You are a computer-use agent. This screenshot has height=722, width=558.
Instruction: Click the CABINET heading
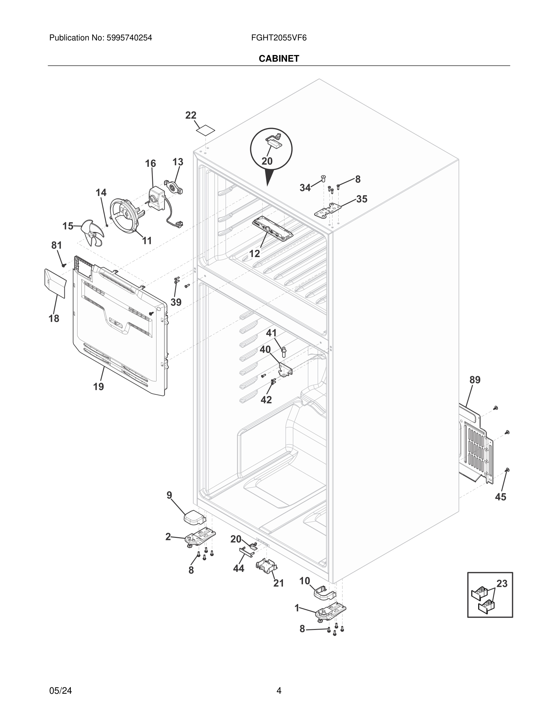[279, 59]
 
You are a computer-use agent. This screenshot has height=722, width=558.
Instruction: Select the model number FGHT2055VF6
[279, 38]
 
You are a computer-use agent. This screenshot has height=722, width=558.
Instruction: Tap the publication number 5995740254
[129, 38]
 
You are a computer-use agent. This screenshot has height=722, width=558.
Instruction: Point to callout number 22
[191, 115]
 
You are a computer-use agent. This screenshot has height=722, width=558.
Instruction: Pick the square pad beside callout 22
[205, 130]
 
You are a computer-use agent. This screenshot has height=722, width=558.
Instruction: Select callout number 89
[475, 380]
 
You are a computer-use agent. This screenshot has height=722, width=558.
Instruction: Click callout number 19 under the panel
[98, 386]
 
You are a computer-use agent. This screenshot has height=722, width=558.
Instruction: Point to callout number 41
[271, 333]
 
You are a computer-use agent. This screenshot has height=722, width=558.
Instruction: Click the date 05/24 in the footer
[60, 690]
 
